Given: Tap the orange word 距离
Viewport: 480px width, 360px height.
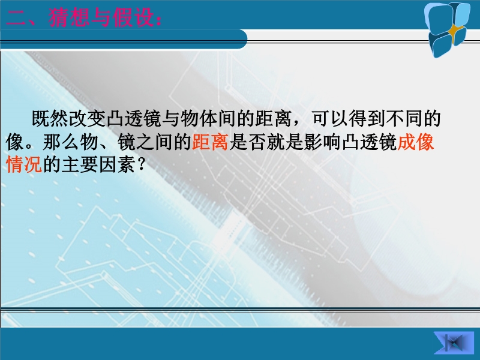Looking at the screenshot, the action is click(x=211, y=142).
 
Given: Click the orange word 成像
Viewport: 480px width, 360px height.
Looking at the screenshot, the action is click(x=415, y=142).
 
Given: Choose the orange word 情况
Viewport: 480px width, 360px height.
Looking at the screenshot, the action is click(x=24, y=165).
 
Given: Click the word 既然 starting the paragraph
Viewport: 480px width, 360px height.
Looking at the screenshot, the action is click(x=50, y=119).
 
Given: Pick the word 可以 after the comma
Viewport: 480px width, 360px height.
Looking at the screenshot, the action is click(x=331, y=119).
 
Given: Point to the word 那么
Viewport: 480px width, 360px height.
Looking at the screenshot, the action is click(x=61, y=142).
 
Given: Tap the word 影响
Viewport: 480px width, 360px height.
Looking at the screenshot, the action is click(x=322, y=142).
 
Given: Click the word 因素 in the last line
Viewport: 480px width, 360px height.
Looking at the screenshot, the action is click(x=117, y=165).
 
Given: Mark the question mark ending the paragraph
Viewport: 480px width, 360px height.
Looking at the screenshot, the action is click(x=141, y=166).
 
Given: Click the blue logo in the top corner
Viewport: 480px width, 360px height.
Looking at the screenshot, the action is click(x=447, y=29).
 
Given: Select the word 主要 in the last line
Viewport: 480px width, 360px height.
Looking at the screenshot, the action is click(x=80, y=165).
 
